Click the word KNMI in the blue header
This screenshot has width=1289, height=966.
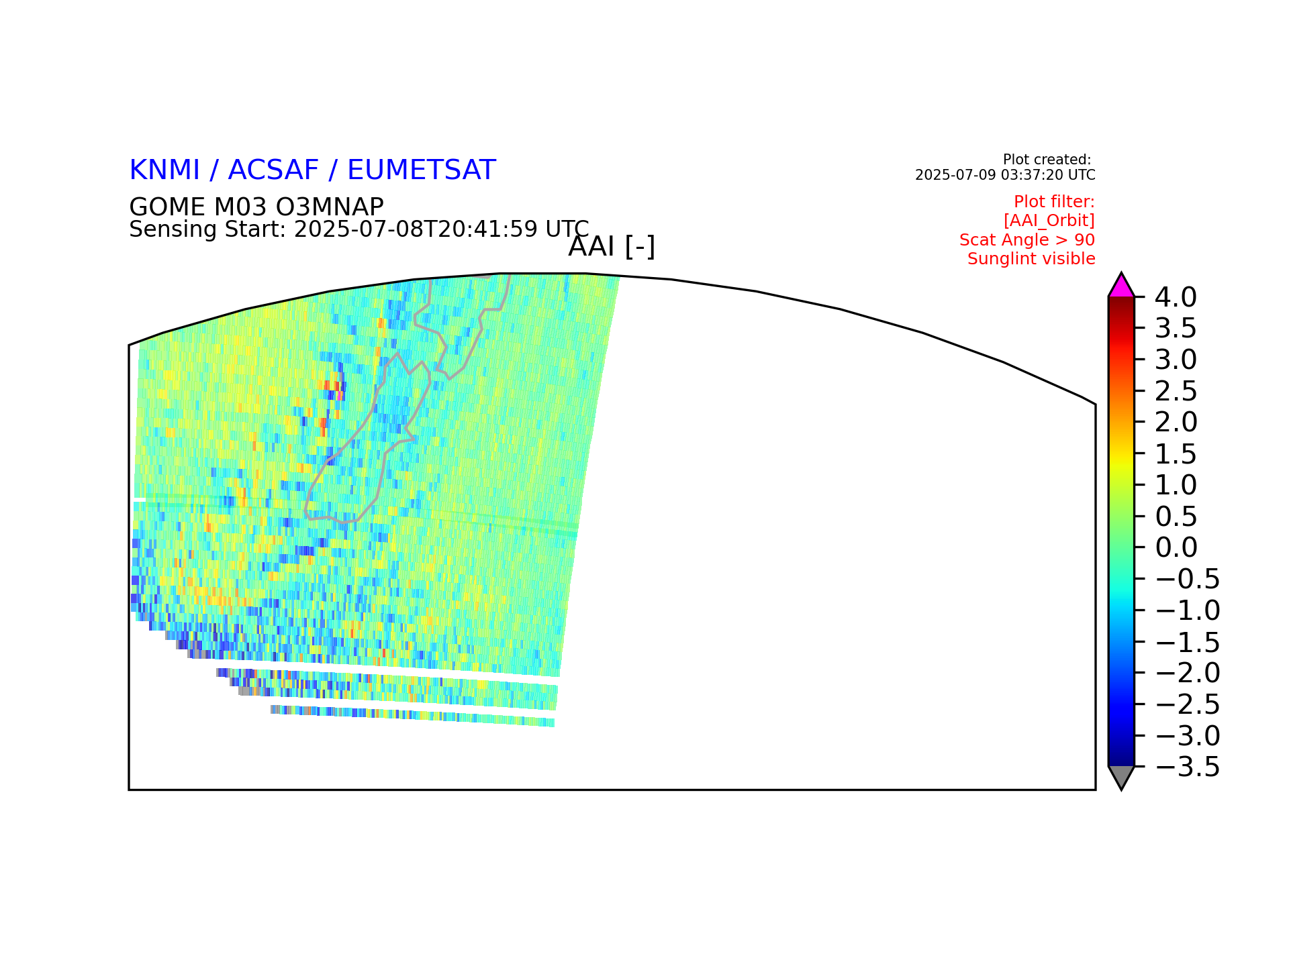click(164, 170)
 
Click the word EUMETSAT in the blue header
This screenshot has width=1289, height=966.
click(422, 170)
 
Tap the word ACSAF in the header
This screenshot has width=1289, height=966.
click(274, 170)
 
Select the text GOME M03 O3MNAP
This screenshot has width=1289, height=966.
click(256, 207)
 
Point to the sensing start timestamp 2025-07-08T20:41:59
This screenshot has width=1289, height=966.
click(416, 229)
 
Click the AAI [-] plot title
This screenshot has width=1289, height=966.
click(612, 247)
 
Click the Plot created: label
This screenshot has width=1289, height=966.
click(1047, 160)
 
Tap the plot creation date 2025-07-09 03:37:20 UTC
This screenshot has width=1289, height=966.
click(1005, 175)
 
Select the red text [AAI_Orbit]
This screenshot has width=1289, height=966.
click(1049, 221)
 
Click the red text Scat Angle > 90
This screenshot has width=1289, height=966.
click(1027, 239)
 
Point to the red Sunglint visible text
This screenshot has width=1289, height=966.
click(1031, 259)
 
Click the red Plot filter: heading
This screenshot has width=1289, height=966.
click(1054, 202)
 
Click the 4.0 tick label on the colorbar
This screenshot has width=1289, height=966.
click(1176, 297)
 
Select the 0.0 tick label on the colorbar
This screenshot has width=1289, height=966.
click(1176, 547)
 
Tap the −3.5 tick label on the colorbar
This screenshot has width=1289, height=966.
click(1188, 767)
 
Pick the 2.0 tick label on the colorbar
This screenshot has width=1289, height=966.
click(1176, 422)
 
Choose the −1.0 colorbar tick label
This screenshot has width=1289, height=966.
click(1188, 610)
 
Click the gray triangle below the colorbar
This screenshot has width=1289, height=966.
click(1121, 776)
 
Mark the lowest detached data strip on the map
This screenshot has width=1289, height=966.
click(412, 716)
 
